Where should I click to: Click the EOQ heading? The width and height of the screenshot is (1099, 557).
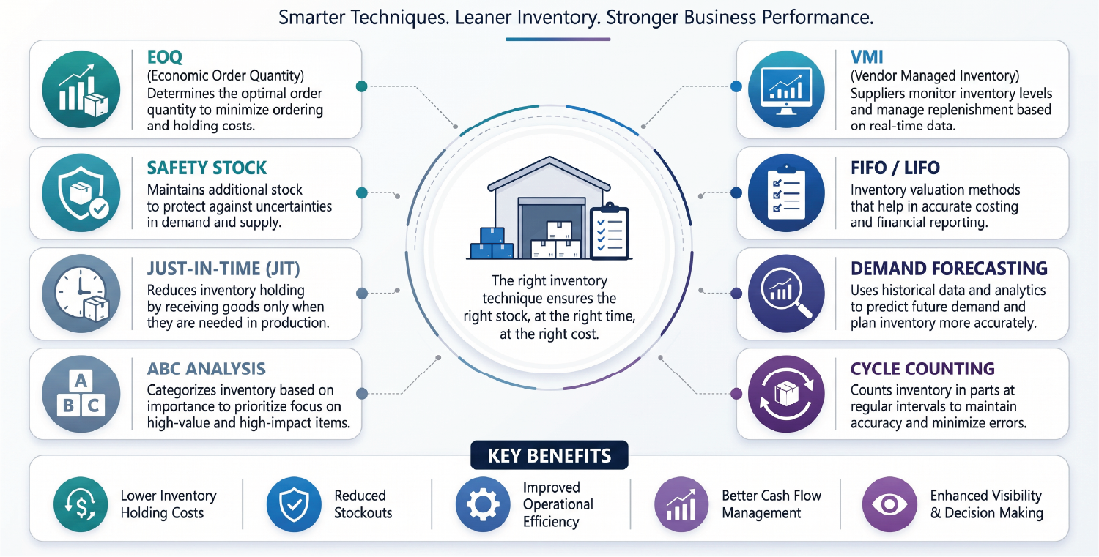pos(164,57)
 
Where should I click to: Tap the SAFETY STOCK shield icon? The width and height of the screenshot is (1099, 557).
pos(81,192)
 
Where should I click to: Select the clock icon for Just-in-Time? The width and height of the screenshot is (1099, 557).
pos(81,294)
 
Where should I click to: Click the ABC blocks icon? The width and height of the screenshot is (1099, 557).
pos(81,394)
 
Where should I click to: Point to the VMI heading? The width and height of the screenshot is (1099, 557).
pos(867,57)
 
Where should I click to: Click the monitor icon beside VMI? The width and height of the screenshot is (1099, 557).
pos(786,89)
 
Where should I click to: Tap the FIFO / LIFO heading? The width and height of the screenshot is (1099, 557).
pos(895,168)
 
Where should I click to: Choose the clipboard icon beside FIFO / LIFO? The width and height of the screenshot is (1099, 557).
pos(786,192)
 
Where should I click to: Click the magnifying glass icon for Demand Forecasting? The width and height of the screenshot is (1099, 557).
pos(786,294)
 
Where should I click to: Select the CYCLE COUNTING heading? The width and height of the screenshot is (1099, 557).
pos(922,369)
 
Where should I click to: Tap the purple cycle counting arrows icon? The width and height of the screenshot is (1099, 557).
pos(786,394)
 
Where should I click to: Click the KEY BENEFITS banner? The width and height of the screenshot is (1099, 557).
pos(549,455)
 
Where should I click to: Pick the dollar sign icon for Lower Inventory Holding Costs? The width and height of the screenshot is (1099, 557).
pos(81,504)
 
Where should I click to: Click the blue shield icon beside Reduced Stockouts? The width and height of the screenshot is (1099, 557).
pos(294,504)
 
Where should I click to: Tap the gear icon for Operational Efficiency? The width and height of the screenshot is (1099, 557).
pos(483,504)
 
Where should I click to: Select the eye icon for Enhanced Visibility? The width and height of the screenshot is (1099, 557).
pos(889,504)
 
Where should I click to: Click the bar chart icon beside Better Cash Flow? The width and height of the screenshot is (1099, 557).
pos(681,504)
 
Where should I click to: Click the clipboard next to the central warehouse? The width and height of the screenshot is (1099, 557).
pos(610,231)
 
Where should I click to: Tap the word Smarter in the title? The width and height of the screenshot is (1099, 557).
pos(312,18)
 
